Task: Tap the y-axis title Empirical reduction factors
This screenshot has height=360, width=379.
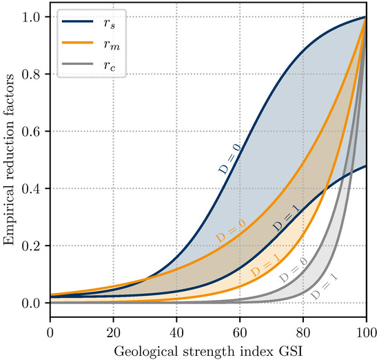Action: (x=10, y=160)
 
